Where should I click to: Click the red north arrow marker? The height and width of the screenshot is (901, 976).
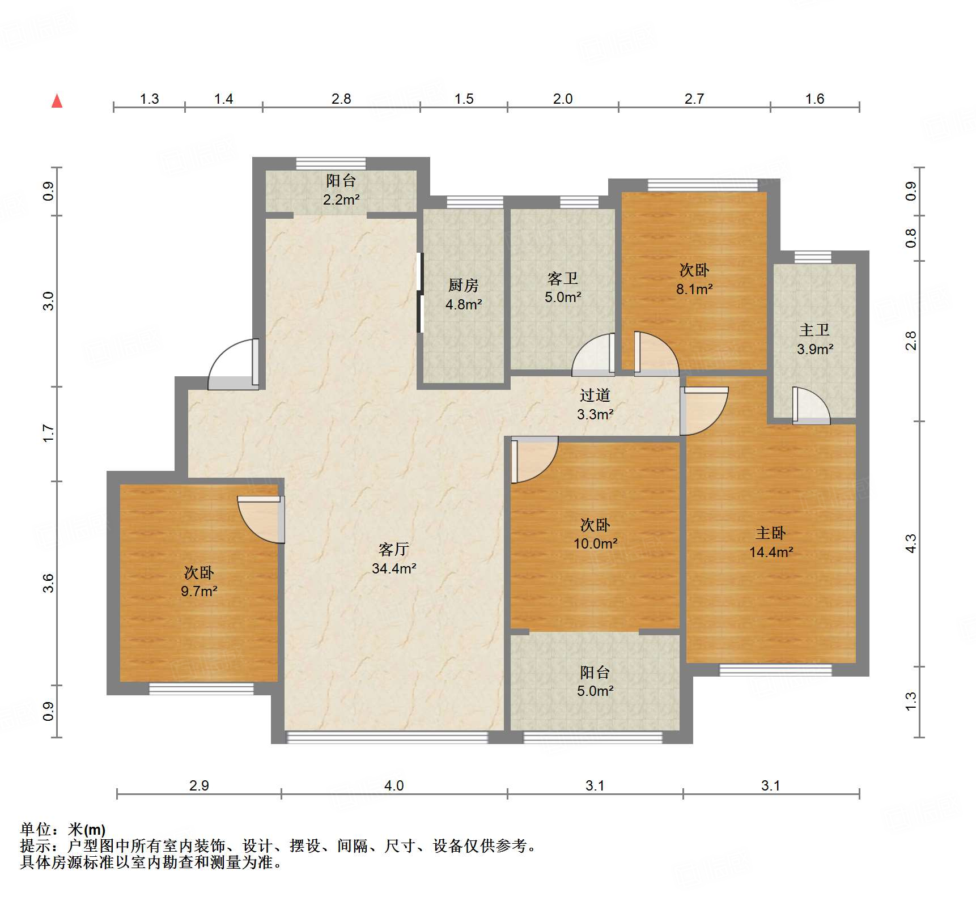pos(57,101)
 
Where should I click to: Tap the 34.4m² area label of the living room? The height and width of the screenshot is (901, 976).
pos(394,568)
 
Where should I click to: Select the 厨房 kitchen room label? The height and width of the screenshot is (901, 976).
pos(463,285)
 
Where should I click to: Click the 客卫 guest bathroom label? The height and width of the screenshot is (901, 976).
pos(562,278)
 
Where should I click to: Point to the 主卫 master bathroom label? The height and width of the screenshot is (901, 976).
pos(814,330)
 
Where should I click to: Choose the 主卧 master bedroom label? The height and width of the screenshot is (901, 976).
pos(770,533)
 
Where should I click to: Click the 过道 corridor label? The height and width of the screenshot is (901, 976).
pos(595,395)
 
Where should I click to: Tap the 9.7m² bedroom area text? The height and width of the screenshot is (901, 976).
pos(199,592)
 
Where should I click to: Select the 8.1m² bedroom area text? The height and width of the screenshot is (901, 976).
pos(694,289)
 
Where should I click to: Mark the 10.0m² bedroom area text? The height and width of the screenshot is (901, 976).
pos(595,543)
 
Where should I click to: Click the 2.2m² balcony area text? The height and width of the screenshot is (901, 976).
pos(341,199)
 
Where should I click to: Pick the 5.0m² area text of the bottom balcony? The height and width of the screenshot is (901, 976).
pos(595,691)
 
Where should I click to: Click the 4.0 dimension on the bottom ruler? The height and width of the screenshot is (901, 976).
pos(394,785)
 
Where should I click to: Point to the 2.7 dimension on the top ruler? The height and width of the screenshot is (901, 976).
pos(694,99)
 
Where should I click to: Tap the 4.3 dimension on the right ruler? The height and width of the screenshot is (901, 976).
pos(910,544)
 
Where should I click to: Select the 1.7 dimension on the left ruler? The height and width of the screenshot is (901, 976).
pos(49,433)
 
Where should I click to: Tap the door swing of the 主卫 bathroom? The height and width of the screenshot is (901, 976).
pos(810,406)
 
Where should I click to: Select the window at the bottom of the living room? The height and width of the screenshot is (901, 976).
pos(387,737)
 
